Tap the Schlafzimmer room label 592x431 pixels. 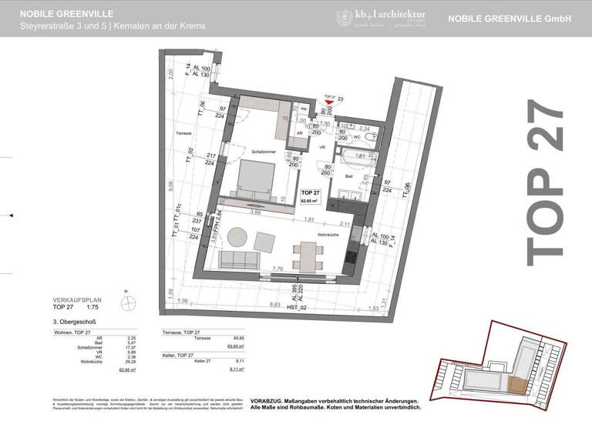click(x=263, y=152)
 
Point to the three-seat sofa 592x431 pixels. click(x=240, y=259)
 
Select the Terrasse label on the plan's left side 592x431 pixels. click(x=183, y=133)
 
